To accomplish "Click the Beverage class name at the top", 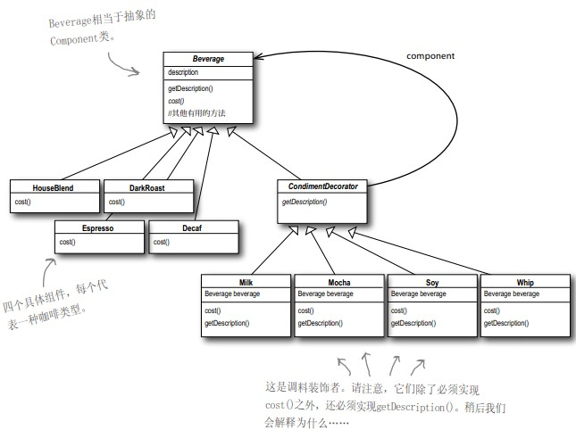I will [208, 59].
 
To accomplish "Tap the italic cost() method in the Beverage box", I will [178, 100].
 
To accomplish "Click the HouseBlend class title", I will [53, 187].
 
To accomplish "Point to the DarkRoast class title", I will [147, 187].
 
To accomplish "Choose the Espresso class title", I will [98, 228].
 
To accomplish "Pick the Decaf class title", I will [194, 228].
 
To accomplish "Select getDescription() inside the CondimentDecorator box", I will [305, 203].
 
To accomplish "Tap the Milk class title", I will [246, 282].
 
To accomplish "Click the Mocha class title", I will [339, 282].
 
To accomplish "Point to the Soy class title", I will [432, 282].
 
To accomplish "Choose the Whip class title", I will [525, 282].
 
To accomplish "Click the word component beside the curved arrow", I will [430, 56].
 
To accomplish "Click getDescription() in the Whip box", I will [507, 322].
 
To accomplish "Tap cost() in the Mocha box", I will [306, 310].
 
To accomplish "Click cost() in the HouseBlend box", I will [22, 202].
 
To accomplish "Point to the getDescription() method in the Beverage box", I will [190, 89].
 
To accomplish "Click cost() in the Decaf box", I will [162, 242].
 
